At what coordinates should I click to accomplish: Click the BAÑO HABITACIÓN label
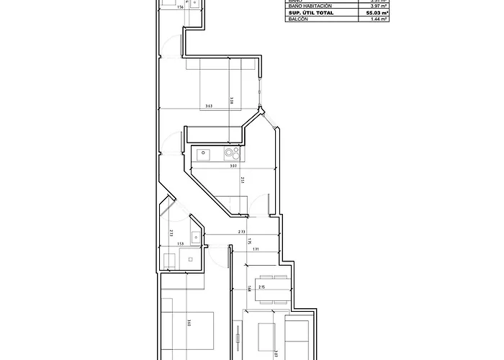pyautogui.click(x=310, y=6)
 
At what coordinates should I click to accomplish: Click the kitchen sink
pyautogui.click(x=204, y=153)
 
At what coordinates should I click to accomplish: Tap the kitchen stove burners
pyautogui.click(x=232, y=153)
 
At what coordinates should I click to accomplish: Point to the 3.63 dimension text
pyautogui.click(x=208, y=107)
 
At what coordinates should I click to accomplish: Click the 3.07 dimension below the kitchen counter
pyautogui.click(x=233, y=166)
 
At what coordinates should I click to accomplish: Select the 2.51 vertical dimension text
pyautogui.click(x=243, y=180)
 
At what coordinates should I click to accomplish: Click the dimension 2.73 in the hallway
pyautogui.click(x=243, y=232)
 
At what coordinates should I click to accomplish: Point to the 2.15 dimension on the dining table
pyautogui.click(x=262, y=287)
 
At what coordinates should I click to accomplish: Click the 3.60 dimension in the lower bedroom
pyautogui.click(x=188, y=323)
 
